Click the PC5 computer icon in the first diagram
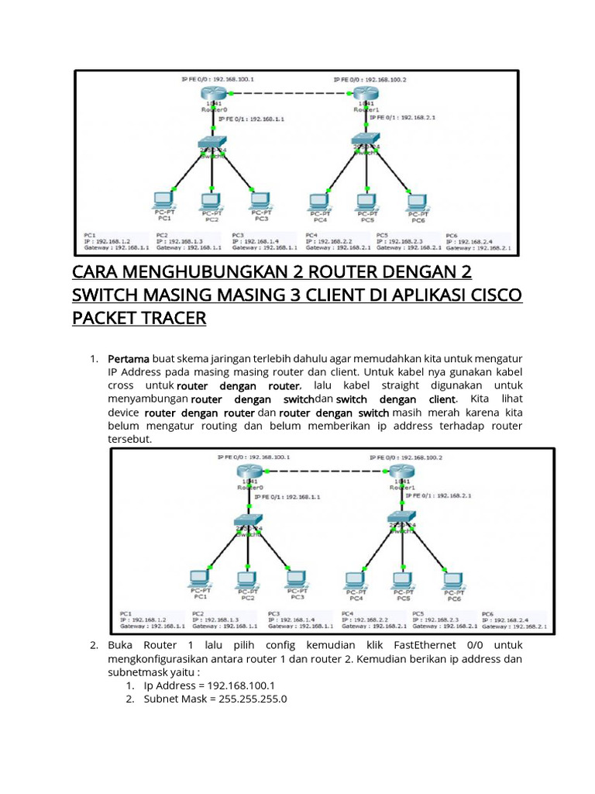click(x=366, y=200)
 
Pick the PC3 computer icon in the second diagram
click(x=296, y=578)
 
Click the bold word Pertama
click(x=129, y=359)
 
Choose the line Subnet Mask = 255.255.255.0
click(x=215, y=699)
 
